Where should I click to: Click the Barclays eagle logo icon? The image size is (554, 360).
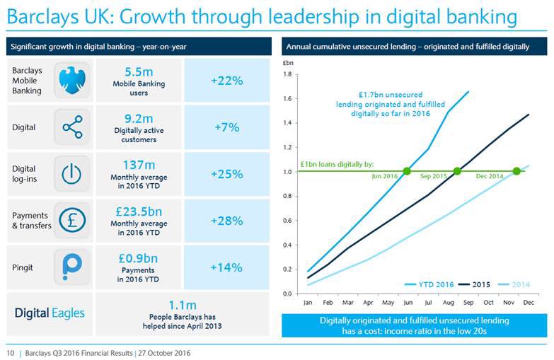pyautogui.click(x=71, y=81)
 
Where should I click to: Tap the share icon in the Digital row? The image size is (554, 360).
pyautogui.click(x=71, y=127)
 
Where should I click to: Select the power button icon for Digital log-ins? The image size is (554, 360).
pyautogui.click(x=71, y=174)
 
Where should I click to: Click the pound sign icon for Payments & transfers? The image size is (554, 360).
pyautogui.click(x=71, y=221)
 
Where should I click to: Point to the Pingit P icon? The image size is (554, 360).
pyautogui.click(x=71, y=267)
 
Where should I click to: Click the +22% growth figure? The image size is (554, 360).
pyautogui.click(x=226, y=81)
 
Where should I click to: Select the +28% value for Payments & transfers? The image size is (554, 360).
pyautogui.click(x=226, y=221)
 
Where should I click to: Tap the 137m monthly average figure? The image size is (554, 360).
pyautogui.click(x=139, y=164)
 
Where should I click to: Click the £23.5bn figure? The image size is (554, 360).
pyautogui.click(x=139, y=211)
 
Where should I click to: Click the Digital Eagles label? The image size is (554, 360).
pyautogui.click(x=50, y=313)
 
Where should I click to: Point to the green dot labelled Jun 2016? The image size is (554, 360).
pyautogui.click(x=407, y=171)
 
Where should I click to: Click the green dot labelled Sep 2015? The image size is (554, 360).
pyautogui.click(x=457, y=171)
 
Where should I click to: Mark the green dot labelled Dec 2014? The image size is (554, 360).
pyautogui.click(x=517, y=171)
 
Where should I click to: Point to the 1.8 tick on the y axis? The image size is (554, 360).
pyautogui.click(x=287, y=74)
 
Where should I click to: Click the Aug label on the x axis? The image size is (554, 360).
pyautogui.click(x=450, y=303)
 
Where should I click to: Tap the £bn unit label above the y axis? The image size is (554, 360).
pyautogui.click(x=287, y=64)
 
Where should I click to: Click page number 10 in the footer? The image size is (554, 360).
pyautogui.click(x=11, y=352)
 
